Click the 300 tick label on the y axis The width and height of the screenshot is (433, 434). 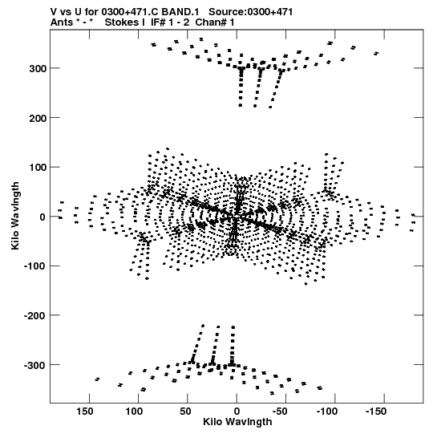coord(38,69)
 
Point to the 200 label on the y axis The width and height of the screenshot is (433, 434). coord(38,118)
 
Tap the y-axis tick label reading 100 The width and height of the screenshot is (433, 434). coord(38,168)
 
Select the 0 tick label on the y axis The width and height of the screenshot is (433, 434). coord(42,217)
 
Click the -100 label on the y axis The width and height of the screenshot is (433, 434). coord(36,266)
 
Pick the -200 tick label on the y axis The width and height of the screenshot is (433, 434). coord(36,316)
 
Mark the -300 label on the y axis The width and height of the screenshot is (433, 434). coord(36,365)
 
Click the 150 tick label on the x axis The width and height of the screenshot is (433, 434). coord(85,412)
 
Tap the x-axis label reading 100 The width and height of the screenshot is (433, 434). coord(135,412)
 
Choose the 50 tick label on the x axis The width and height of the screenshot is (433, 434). coord(185,412)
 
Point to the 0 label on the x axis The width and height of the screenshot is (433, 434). coord(237,412)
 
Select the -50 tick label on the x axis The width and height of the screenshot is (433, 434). coord(280,412)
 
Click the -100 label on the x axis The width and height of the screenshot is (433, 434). coord(327,412)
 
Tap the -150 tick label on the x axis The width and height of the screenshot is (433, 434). coord(376,412)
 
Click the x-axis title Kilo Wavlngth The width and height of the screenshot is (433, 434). coord(237,422)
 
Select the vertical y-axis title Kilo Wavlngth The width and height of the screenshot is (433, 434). coord(15,216)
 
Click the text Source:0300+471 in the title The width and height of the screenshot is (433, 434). coord(251,12)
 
